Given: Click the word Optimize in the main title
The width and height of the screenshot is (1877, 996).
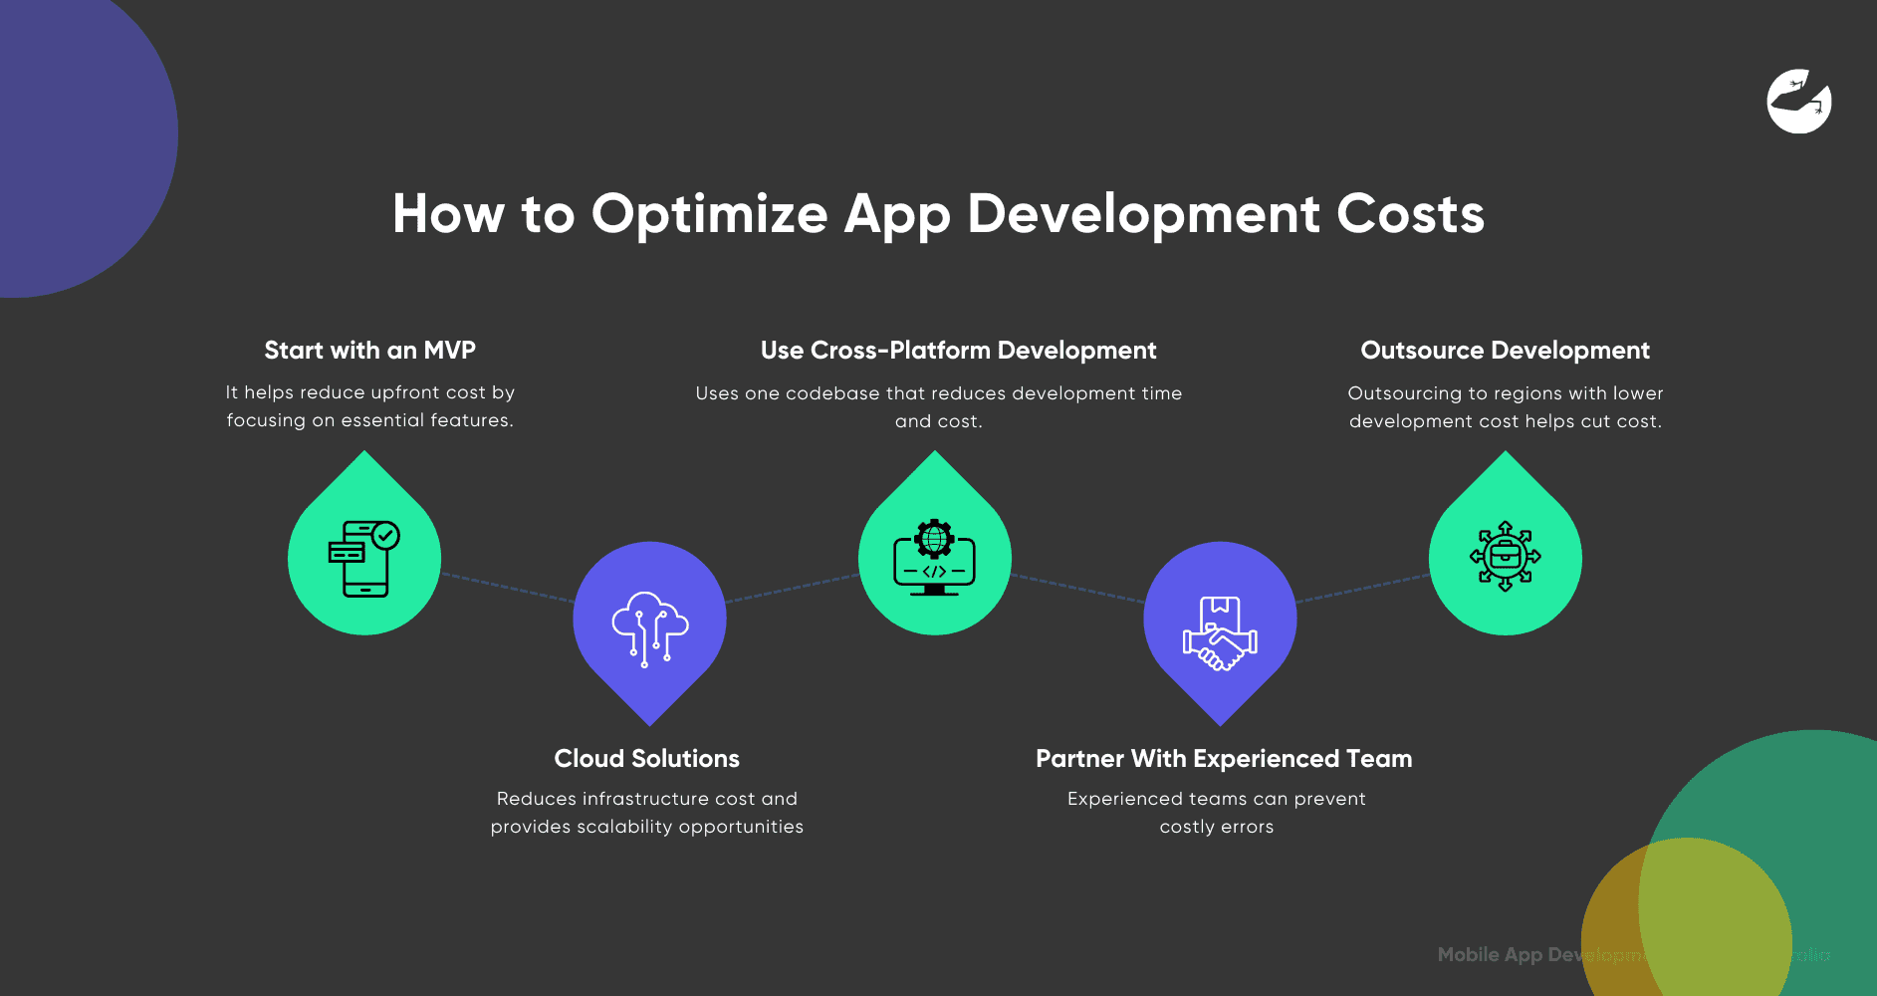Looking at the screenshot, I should coord(709,214).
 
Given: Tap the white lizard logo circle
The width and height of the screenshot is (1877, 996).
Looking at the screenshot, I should coord(1798,101).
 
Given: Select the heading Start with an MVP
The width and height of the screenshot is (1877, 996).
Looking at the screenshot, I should coord(369,351).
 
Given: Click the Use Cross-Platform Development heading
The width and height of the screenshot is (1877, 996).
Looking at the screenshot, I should coord(958,351).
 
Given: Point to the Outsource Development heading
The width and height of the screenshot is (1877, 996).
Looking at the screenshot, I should coord(1505,351).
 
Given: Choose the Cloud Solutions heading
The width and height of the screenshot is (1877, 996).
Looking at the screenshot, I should coord(646,759).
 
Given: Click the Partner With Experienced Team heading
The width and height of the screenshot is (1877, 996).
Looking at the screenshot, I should coord(1224,759).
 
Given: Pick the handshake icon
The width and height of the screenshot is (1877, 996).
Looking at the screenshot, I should coord(1220,633).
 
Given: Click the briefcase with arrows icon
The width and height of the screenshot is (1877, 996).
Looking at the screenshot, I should coord(1505,556).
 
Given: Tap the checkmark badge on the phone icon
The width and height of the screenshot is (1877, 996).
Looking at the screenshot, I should coord(386,536).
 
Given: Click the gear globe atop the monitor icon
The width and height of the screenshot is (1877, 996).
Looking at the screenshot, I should coord(934,538).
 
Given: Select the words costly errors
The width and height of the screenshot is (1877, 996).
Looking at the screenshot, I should coord(1216,827).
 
